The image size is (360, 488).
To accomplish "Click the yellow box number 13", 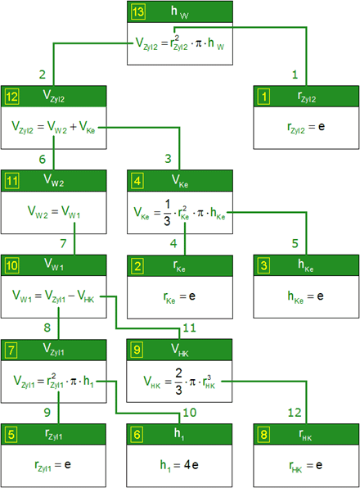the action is pyautogui.click(x=137, y=12).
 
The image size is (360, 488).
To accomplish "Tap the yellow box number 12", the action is pyautogui.click(x=11, y=97).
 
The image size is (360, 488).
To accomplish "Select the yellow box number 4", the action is pyautogui.click(x=137, y=181).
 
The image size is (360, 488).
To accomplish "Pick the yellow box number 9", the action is pyautogui.click(x=137, y=350).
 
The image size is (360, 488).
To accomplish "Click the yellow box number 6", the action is pyautogui.click(x=137, y=435).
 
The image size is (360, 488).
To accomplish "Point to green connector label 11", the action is pyautogui.click(x=189, y=328).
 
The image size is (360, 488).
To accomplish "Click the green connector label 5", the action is pyautogui.click(x=295, y=243).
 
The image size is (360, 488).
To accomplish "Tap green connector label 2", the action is pyautogui.click(x=43, y=75).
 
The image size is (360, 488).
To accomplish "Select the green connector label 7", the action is pyautogui.click(x=64, y=243).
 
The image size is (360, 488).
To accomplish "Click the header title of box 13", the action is pyautogui.click(x=180, y=12).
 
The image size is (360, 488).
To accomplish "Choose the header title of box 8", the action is pyautogui.click(x=305, y=435).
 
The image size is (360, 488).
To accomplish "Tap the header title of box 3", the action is pyautogui.click(x=306, y=265).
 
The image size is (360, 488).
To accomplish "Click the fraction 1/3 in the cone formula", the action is pyautogui.click(x=167, y=213).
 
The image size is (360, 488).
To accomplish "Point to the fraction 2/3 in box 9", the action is pyautogui.click(x=178, y=382).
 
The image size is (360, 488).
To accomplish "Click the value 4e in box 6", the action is pyautogui.click(x=191, y=465).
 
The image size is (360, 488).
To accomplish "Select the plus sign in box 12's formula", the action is pyautogui.click(x=73, y=127).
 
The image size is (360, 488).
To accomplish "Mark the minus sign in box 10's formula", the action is pyautogui.click(x=71, y=296).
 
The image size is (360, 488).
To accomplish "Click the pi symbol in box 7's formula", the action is pyautogui.click(x=74, y=382).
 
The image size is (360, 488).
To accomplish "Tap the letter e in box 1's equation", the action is pyautogui.click(x=322, y=127).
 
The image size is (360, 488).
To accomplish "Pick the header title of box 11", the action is pyautogui.click(x=53, y=180).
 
